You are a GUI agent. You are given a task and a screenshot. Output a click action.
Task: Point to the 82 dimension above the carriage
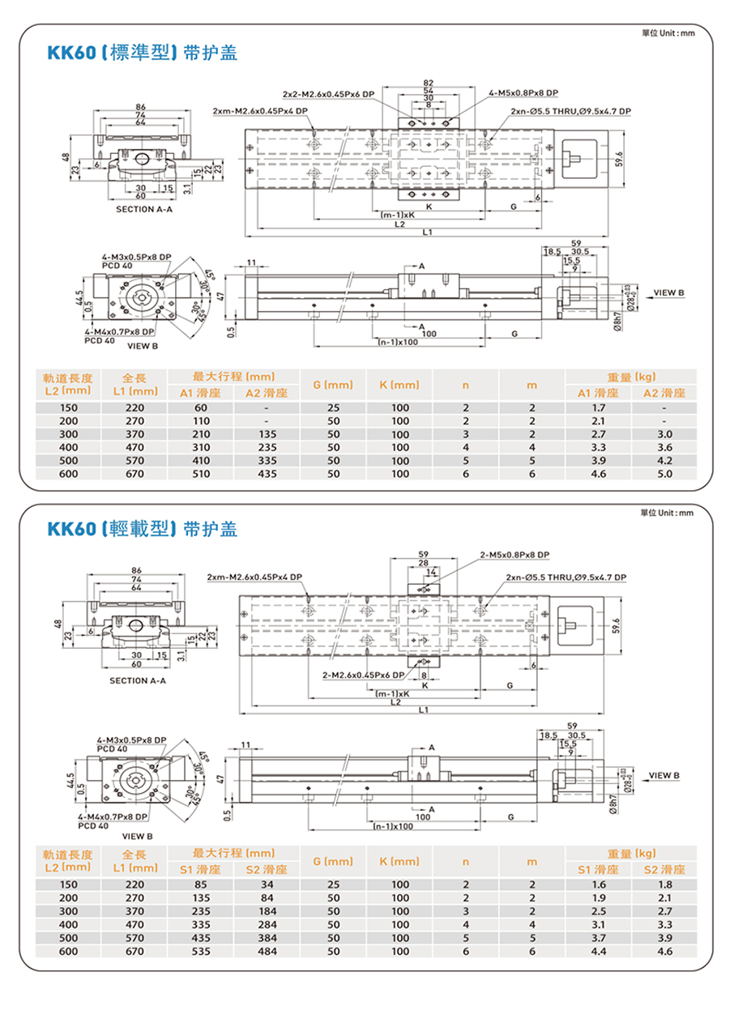coord(428,83)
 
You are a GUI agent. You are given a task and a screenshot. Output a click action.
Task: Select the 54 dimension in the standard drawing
coord(428,91)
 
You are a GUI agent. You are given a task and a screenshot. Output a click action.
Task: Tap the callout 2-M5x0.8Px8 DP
coord(514,555)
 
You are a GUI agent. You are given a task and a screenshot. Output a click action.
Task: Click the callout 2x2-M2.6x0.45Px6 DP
coord(328,94)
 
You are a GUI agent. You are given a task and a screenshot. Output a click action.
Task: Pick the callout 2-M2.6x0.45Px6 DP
coord(363,675)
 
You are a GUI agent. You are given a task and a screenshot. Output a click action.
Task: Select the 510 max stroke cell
coord(200,474)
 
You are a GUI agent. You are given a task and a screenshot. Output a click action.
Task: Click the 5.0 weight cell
coord(664,474)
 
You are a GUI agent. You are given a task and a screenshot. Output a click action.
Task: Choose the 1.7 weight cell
coord(599,408)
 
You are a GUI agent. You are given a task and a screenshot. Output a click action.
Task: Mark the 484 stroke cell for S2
coord(267,952)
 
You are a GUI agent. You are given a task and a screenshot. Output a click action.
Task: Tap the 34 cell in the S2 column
coord(267,885)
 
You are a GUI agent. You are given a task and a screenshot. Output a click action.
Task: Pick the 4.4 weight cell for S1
coord(599,952)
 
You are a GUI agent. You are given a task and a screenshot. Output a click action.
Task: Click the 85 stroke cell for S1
coord(200,885)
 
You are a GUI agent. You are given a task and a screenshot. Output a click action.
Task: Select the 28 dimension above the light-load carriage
coord(423,563)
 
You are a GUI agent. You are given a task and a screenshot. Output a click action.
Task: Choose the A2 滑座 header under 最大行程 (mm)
coord(267,394)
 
